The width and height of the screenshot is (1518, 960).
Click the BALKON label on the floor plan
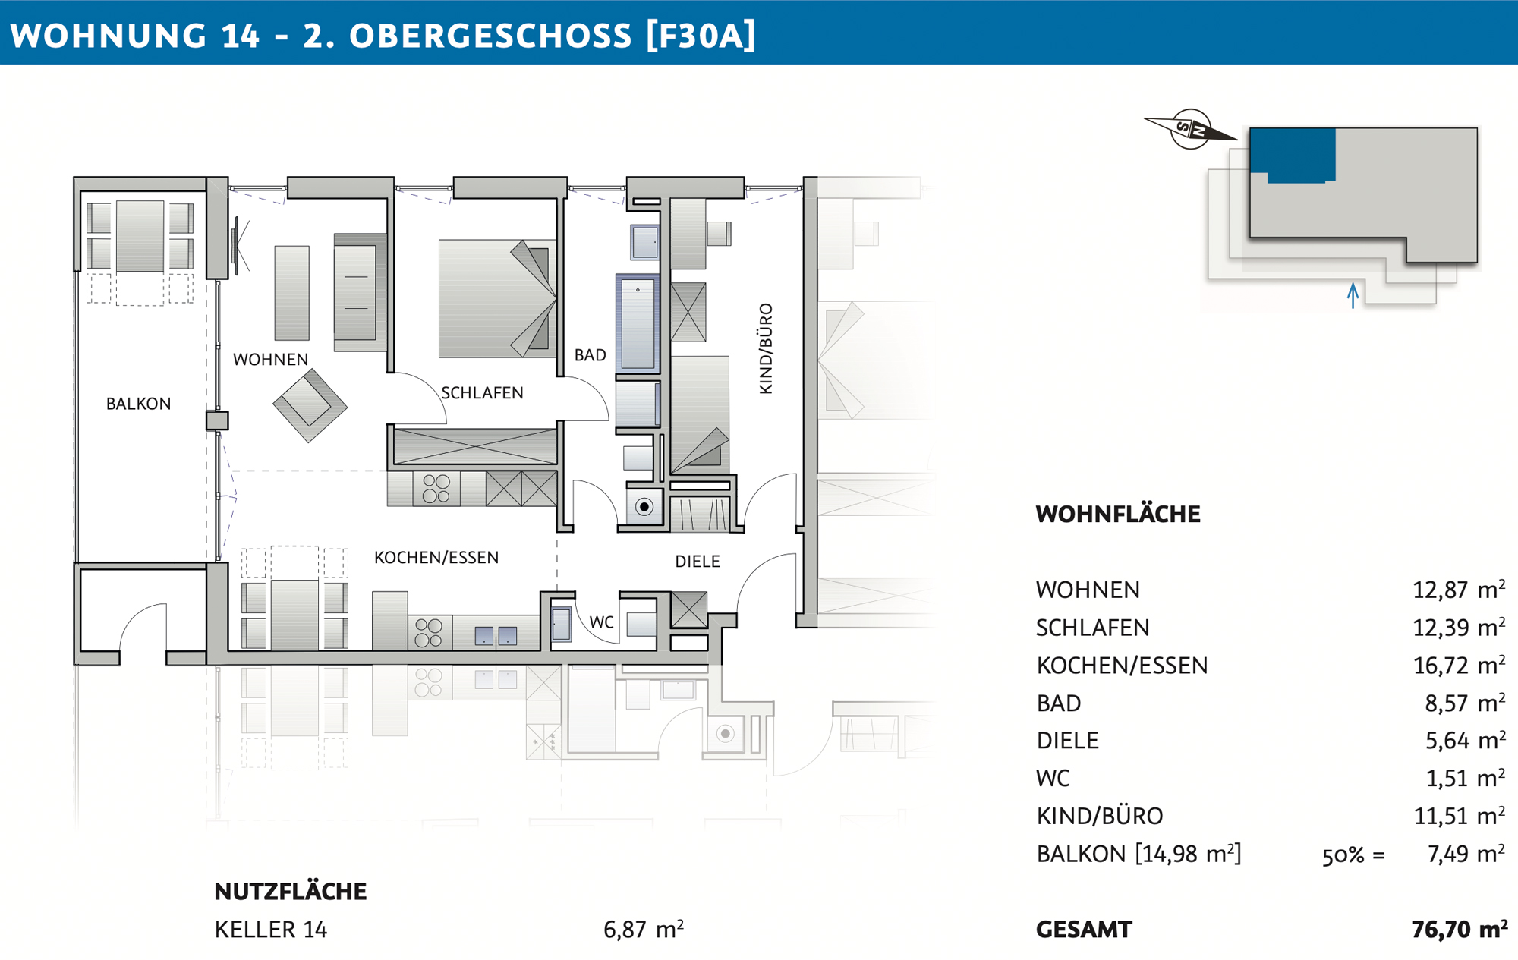coord(138,404)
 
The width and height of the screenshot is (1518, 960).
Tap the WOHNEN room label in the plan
coord(270,360)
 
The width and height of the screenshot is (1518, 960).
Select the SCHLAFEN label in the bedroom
coord(482,393)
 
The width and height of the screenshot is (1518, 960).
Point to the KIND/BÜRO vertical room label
coord(766,348)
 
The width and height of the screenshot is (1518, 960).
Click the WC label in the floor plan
coord(601,622)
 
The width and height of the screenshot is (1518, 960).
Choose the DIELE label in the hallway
coord(698,562)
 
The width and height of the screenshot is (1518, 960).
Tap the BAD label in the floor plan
coord(590,355)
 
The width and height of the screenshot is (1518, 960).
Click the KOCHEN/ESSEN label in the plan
coord(436,558)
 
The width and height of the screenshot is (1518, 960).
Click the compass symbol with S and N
coord(1190,129)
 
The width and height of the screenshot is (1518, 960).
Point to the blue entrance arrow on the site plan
coord(1353,295)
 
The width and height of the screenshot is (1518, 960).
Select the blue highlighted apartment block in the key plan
coord(1293,154)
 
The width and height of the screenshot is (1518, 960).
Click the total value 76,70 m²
coord(1460,929)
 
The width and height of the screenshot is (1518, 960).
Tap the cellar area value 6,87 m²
coord(644,929)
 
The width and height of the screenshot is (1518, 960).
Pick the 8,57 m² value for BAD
coord(1465,703)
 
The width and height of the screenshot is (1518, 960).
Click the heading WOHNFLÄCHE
coord(1118,515)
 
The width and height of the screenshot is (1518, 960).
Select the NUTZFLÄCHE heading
coord(291,892)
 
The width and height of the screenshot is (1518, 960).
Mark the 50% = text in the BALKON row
coord(1353,855)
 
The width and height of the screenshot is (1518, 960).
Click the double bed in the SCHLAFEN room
coord(497,298)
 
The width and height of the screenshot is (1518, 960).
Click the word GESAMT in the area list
coord(1084,930)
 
